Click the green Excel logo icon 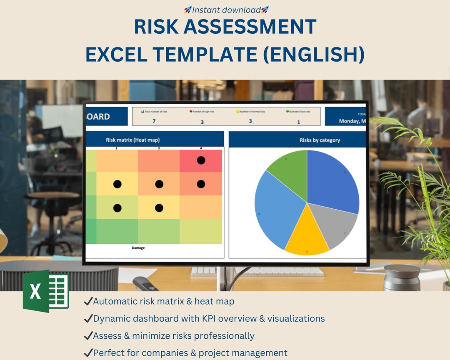46,291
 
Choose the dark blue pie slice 333,179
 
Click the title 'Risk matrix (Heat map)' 132,140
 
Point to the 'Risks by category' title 320,140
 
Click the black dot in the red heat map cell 201,160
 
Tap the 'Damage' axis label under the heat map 138,248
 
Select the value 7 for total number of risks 153,121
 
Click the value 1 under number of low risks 298,122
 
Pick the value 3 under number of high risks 202,122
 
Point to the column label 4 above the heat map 201,148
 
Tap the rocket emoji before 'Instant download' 188,10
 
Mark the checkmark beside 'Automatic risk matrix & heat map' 88,301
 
